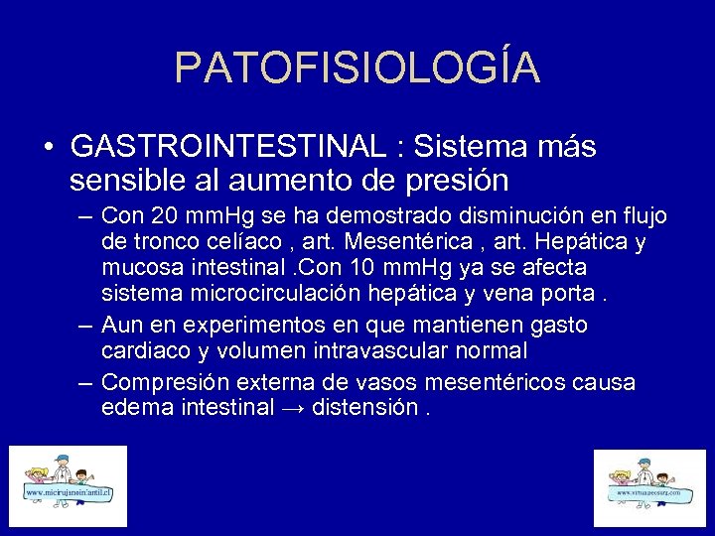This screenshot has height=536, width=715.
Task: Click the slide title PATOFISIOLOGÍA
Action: (357, 67)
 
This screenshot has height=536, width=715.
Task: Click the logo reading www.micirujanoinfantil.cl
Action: (68, 486)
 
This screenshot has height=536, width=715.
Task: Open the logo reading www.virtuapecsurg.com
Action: (649, 489)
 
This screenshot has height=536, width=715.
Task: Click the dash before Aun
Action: (83, 326)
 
